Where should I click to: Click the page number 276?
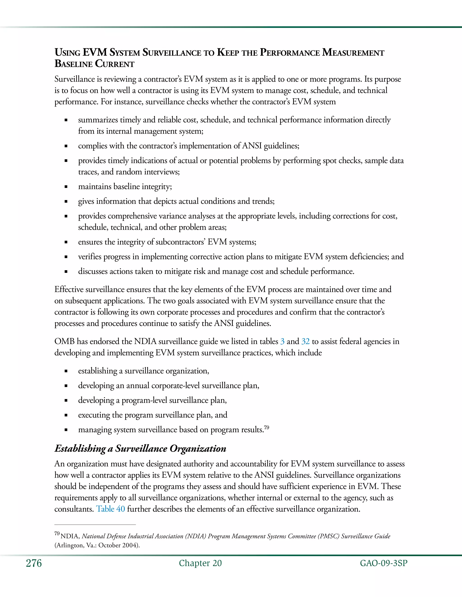pyautogui.click(x=34, y=563)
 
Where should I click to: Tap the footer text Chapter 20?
pyautogui.click(x=200, y=563)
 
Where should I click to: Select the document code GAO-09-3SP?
pyautogui.click(x=383, y=563)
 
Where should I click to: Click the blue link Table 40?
pyautogui.click(x=110, y=509)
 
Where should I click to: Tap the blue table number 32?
pyautogui.click(x=305, y=341)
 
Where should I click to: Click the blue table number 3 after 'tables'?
pyautogui.click(x=282, y=341)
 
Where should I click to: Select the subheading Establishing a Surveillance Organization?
pyautogui.click(x=140, y=449)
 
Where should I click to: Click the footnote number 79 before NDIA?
pyautogui.click(x=57, y=533)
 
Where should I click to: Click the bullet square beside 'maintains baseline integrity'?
pyautogui.click(x=66, y=187)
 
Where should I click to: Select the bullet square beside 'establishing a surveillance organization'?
pyautogui.click(x=66, y=371)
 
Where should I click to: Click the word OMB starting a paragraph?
pyautogui.click(x=64, y=341)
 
